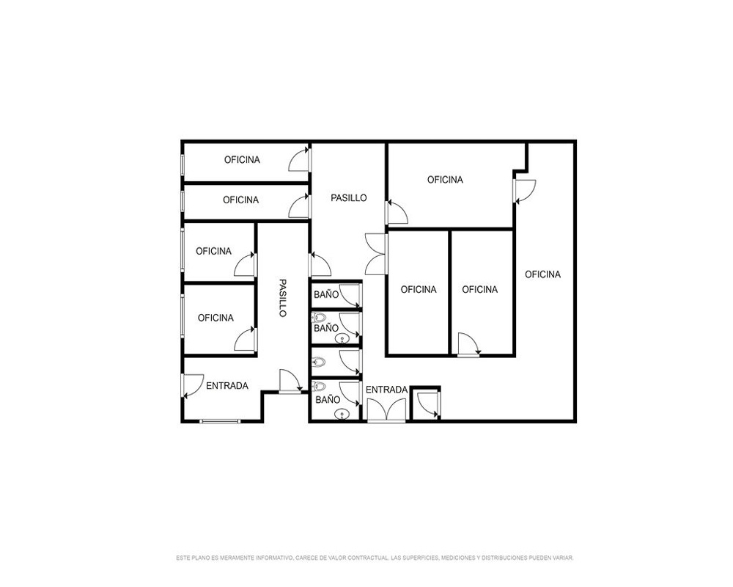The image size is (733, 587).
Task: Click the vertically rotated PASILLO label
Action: pyautogui.click(x=282, y=298)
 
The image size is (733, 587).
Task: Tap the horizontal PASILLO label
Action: pyautogui.click(x=349, y=198)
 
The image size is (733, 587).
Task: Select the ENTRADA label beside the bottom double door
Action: pyautogui.click(x=386, y=390)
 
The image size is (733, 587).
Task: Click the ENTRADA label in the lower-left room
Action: pyautogui.click(x=227, y=386)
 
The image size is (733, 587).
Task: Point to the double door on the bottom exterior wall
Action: pyautogui.click(x=386, y=410)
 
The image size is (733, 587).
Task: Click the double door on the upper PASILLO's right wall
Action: pyautogui.click(x=376, y=254)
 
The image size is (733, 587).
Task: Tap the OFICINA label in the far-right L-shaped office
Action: pyautogui.click(x=542, y=274)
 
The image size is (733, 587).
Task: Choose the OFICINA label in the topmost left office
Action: pyautogui.click(x=242, y=160)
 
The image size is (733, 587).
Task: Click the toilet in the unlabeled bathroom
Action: pyautogui.click(x=319, y=362)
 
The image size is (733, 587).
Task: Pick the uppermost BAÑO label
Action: pyautogui.click(x=326, y=294)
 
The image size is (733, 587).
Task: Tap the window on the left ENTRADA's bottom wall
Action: pyautogui.click(x=220, y=421)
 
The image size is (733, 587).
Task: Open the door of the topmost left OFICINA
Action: pyautogui.click(x=300, y=159)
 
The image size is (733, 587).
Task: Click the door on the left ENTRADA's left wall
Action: pyautogui.click(x=192, y=386)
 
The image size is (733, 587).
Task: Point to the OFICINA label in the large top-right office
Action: pyautogui.click(x=445, y=180)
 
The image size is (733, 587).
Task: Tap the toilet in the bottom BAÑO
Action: pyautogui.click(x=319, y=387)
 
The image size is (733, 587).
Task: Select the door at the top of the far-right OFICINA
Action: pyautogui.click(x=525, y=191)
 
